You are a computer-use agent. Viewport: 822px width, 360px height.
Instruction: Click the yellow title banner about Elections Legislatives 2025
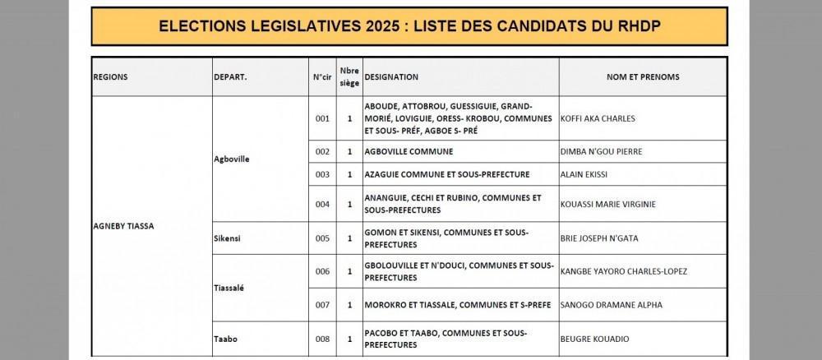point(409,26)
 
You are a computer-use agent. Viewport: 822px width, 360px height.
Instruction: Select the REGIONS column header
point(111,77)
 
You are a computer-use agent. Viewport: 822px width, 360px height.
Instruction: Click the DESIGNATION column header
point(392,77)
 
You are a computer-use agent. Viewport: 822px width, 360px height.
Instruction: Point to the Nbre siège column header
point(349,76)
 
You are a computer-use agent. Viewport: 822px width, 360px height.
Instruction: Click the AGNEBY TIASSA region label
point(124,225)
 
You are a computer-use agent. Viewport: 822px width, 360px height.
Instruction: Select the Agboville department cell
point(231,159)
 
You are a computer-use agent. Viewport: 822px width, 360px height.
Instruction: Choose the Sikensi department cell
point(227,238)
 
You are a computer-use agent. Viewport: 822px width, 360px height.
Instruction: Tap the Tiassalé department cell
point(229,288)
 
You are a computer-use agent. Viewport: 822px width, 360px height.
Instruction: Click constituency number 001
point(322,118)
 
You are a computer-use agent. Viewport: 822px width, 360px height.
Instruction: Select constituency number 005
point(322,238)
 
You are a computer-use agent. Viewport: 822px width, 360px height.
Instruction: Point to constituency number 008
point(322,338)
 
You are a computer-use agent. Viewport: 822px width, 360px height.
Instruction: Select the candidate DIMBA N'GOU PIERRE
point(601,152)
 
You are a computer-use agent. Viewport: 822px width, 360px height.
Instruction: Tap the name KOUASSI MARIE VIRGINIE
point(607,204)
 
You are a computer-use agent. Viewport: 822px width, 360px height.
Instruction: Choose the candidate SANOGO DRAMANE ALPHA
point(611,305)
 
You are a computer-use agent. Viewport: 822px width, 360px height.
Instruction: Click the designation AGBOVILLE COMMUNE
point(409,152)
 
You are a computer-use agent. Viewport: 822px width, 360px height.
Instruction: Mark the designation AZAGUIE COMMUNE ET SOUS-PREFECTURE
point(447,174)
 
